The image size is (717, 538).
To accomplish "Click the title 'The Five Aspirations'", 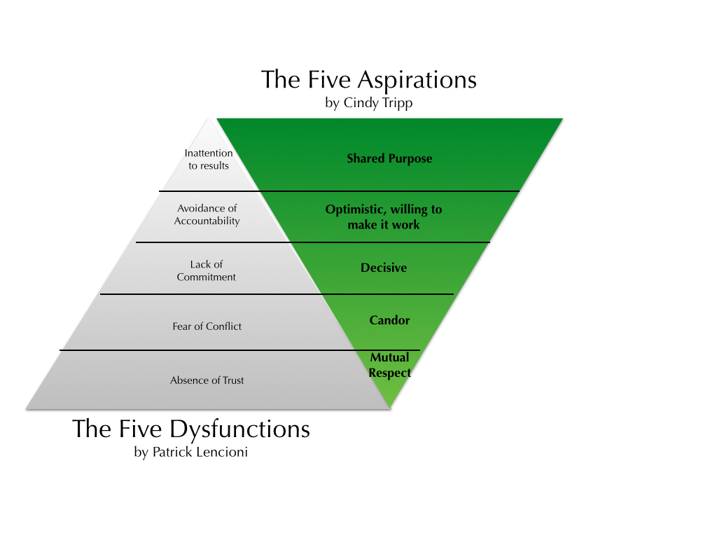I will pos(369,79).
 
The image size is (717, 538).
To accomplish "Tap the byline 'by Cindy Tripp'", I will pos(369,102).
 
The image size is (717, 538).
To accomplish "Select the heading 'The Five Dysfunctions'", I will pos(190,429).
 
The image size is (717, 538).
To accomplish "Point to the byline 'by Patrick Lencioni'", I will pos(190,452).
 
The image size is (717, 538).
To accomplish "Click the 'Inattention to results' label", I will pos(209,159).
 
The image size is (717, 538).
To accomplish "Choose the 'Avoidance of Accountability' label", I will pos(207,214).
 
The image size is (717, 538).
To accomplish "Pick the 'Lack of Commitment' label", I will pos(207,270).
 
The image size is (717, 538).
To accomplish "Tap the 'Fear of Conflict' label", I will pos(207,326).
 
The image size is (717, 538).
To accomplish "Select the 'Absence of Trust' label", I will pos(207,380).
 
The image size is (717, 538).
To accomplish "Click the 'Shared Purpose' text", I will pos(389,158).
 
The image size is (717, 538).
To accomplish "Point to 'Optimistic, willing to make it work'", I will pos(384,217).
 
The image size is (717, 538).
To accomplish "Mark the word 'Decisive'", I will pos(384,268).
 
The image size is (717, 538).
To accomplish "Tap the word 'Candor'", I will pos(389,320).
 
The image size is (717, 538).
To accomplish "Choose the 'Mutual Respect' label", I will pos(390,365).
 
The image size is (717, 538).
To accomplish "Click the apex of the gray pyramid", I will pos(209,120).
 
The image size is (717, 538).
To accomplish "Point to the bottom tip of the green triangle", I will pos(390,407).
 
